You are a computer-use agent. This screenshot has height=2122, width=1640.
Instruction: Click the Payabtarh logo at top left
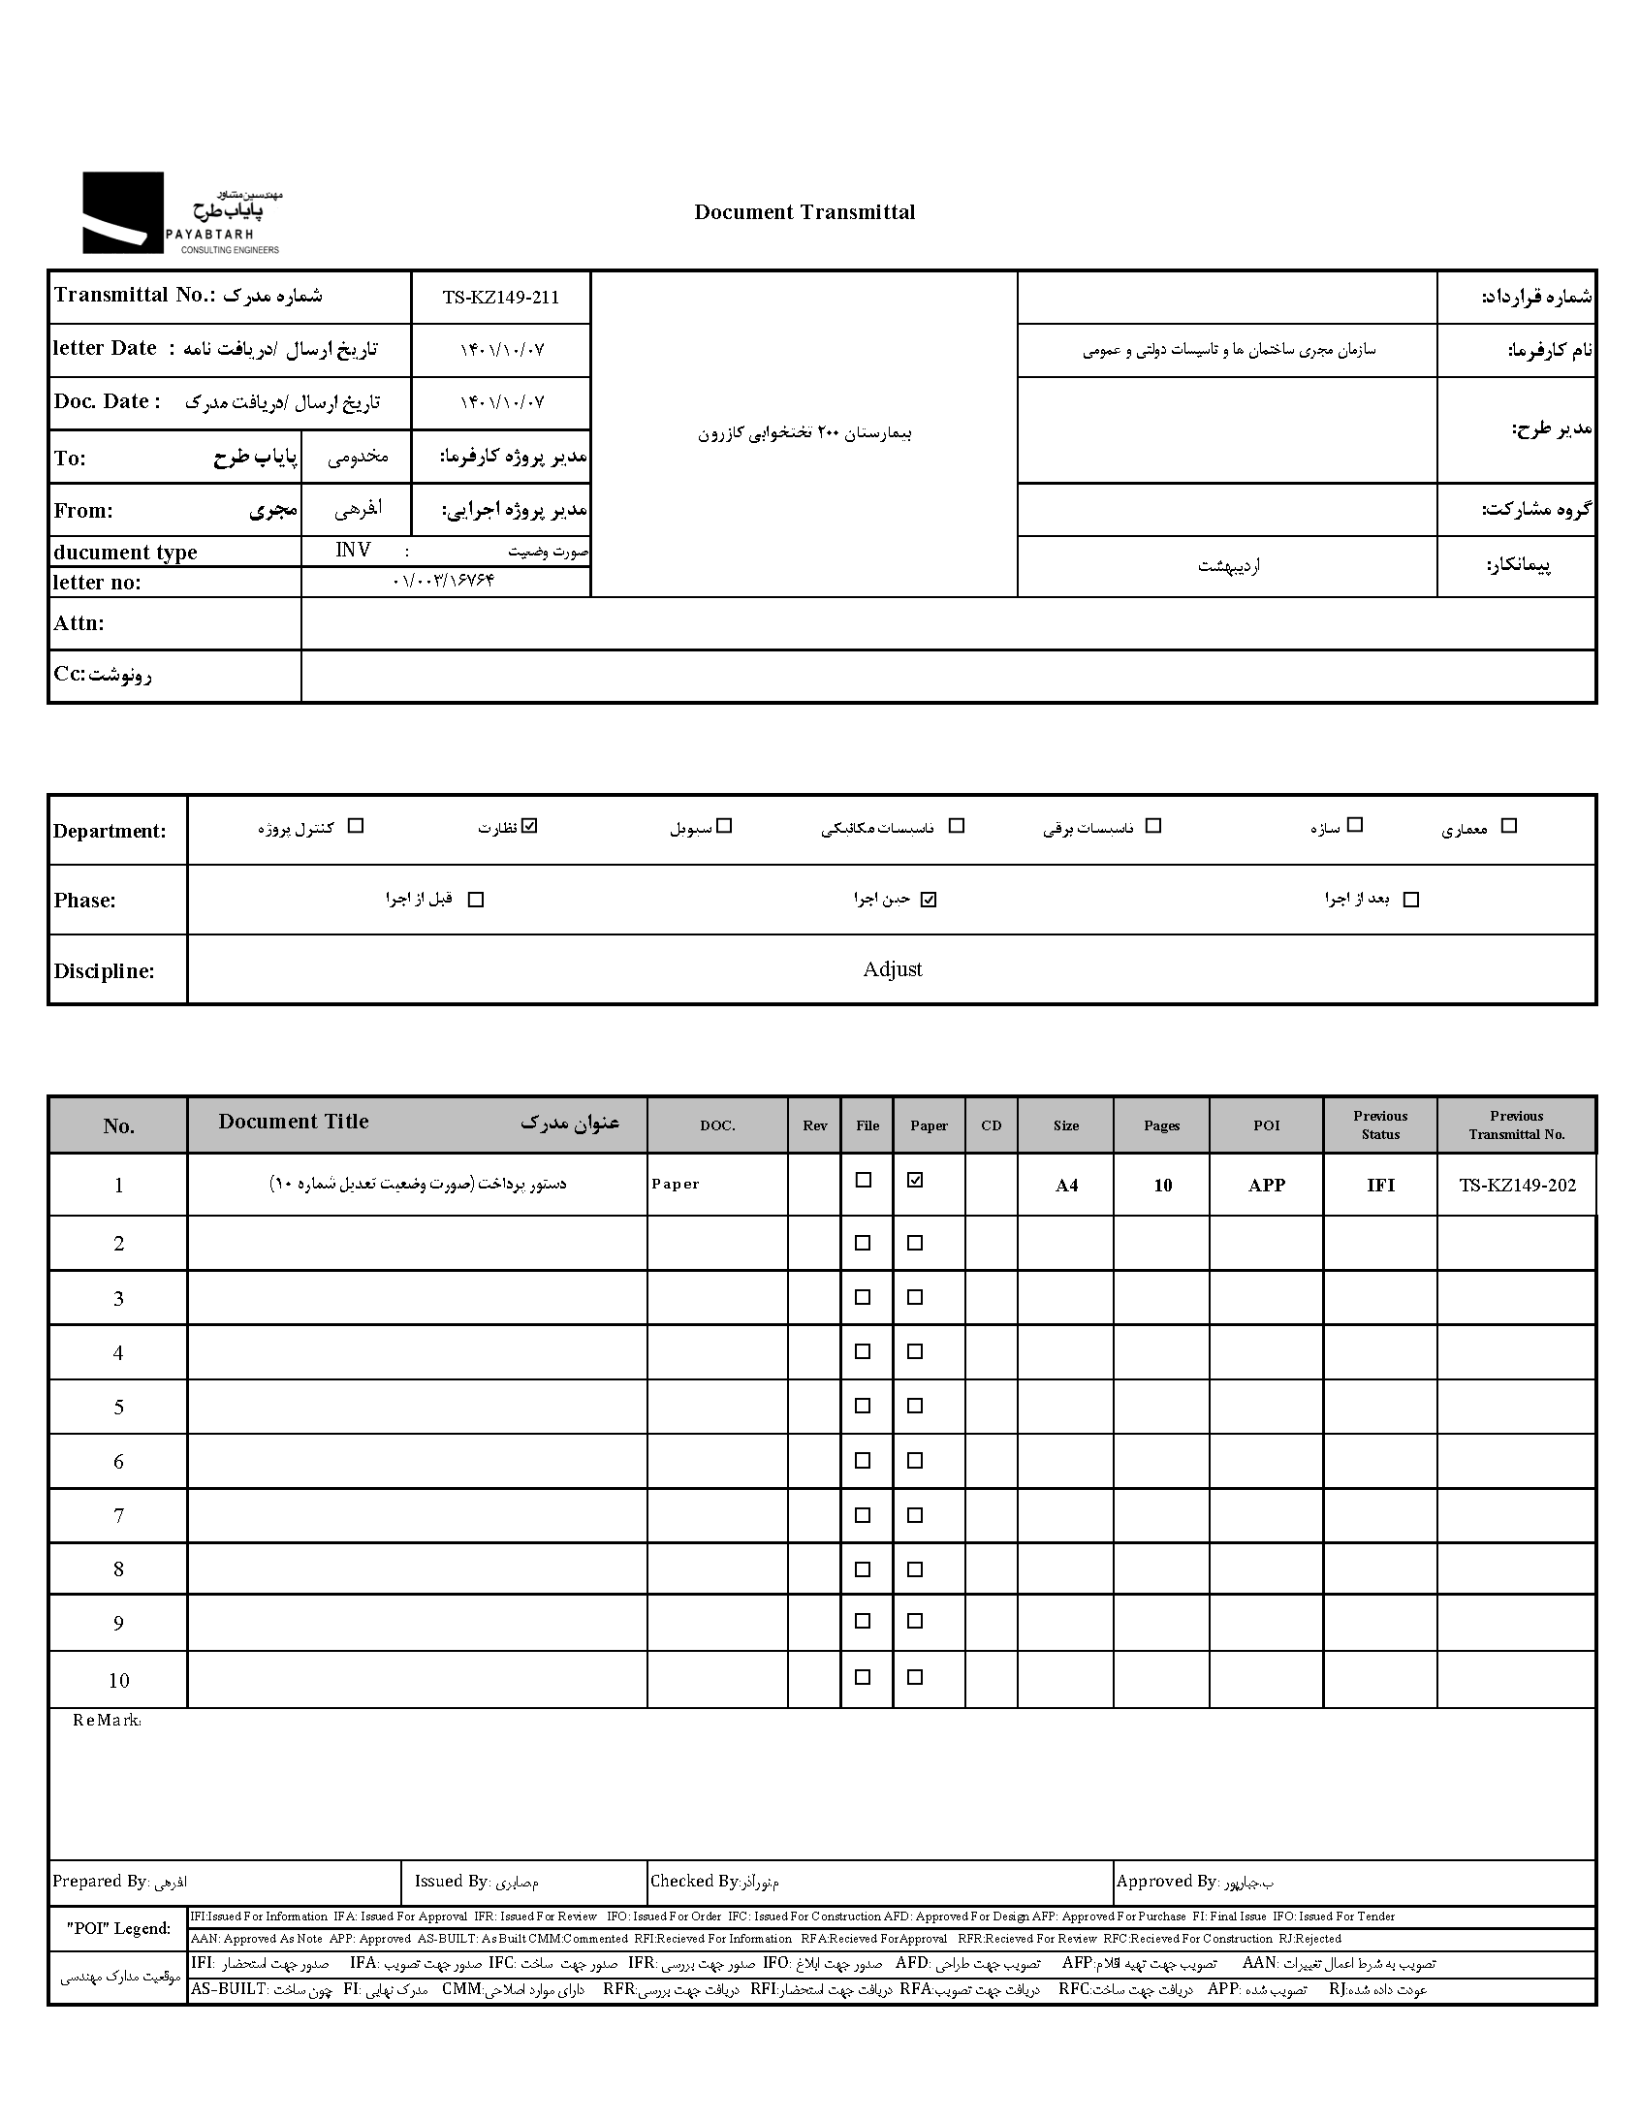(180, 214)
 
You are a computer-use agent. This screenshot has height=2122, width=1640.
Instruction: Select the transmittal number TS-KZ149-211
(500, 298)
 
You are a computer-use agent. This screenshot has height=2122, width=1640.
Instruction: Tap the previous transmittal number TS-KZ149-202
(1517, 1185)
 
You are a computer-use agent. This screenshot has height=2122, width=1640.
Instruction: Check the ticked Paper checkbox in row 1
(914, 1181)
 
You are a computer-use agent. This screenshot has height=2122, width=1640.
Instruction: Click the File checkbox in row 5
(863, 1406)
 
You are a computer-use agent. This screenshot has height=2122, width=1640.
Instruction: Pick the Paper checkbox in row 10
(914, 1677)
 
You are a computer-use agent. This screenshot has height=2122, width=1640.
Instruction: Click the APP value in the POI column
(1266, 1185)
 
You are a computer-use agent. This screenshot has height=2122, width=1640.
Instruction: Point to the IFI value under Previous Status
(1379, 1185)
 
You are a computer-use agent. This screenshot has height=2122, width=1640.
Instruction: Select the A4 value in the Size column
(1066, 1186)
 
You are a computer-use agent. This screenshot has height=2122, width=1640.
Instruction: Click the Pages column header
(1161, 1125)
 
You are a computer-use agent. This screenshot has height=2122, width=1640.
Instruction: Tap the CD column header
(991, 1125)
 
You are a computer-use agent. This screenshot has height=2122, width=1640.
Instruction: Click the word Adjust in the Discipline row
(892, 968)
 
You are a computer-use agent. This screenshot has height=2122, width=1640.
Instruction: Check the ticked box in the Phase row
(929, 900)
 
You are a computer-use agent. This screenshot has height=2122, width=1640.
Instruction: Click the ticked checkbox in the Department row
(529, 826)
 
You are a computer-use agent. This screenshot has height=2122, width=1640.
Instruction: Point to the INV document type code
(353, 550)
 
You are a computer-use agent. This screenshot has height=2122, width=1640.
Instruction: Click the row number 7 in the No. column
(118, 1515)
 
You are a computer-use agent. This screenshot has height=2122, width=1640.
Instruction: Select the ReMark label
(107, 1721)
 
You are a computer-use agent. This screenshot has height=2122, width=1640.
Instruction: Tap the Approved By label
(1166, 1881)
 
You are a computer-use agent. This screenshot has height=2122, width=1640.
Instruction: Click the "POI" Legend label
(117, 1929)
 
